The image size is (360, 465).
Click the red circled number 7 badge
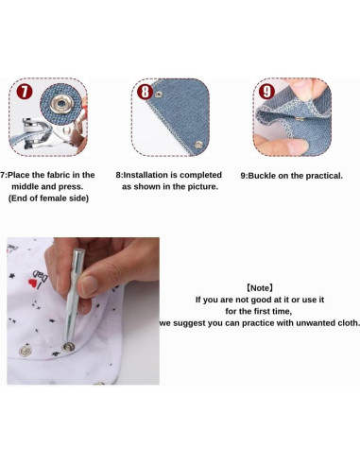(25, 92)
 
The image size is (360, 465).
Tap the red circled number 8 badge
(145, 92)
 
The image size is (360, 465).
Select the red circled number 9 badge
(266, 92)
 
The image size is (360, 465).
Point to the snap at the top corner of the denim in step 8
(159, 95)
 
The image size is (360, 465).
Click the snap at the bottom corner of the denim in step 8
(198, 145)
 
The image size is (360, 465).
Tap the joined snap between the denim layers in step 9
(300, 119)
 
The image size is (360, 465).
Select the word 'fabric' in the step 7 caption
(59, 175)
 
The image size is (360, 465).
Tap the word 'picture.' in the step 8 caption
(203, 186)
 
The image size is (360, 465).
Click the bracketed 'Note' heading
(260, 288)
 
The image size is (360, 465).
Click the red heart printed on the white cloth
(33, 283)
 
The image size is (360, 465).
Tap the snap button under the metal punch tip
(68, 347)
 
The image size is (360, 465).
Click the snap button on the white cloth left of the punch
(26, 351)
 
